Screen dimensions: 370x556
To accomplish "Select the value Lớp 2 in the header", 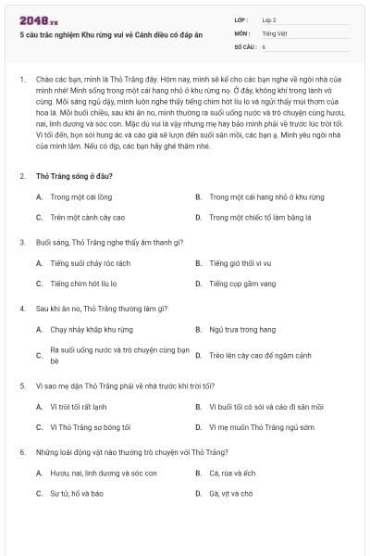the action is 268,19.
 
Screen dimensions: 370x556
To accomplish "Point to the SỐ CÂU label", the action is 244,45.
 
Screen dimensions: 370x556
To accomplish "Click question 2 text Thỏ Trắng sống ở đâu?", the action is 74,176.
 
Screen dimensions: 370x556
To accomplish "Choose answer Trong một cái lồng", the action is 80,196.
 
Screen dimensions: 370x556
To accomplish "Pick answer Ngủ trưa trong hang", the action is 242,329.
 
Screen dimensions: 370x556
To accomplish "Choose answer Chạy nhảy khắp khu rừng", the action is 91,329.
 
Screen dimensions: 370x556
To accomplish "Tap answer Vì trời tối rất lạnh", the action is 79,406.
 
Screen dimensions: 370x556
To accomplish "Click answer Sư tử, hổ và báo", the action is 77,493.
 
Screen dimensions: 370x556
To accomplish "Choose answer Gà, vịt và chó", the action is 231,493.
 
